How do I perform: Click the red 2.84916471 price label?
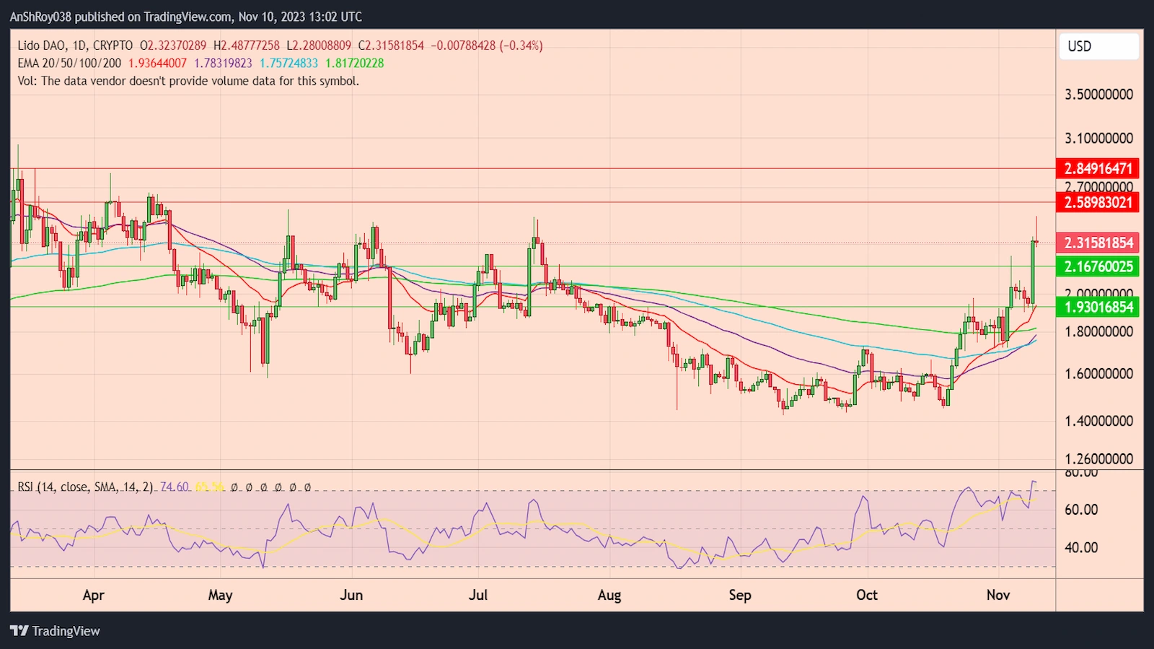pyautogui.click(x=1098, y=168)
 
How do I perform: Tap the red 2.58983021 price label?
pyautogui.click(x=1098, y=202)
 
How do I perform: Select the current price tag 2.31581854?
pyautogui.click(x=1098, y=243)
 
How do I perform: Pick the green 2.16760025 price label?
pyautogui.click(x=1098, y=266)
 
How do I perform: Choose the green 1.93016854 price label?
pyautogui.click(x=1098, y=307)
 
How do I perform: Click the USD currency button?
pyautogui.click(x=1098, y=46)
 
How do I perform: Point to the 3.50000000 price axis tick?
pyautogui.click(x=1098, y=95)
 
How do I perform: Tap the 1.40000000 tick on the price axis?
pyautogui.click(x=1098, y=421)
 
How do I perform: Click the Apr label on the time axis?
pyautogui.click(x=94, y=595)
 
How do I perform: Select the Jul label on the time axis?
pyautogui.click(x=478, y=595)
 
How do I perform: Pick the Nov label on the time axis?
pyautogui.click(x=998, y=595)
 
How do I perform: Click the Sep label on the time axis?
pyautogui.click(x=740, y=595)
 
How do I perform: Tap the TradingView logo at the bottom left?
pyautogui.click(x=56, y=631)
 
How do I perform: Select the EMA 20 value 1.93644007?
pyautogui.click(x=157, y=64)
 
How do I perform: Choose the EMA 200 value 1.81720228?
pyautogui.click(x=355, y=64)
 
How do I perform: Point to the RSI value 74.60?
pyautogui.click(x=175, y=487)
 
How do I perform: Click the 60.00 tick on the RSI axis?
pyautogui.click(x=1081, y=510)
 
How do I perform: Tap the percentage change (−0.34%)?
pyautogui.click(x=521, y=45)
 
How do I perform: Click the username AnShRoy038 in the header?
pyautogui.click(x=40, y=17)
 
